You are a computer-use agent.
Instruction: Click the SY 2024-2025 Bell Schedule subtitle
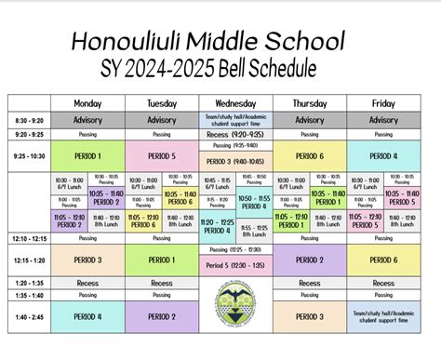[207, 68]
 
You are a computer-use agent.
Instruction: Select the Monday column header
[87, 103]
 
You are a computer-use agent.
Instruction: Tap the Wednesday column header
[235, 103]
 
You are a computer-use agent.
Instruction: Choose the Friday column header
[383, 103]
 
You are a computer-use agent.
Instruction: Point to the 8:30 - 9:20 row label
[29, 120]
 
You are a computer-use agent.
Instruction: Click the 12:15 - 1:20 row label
[29, 260]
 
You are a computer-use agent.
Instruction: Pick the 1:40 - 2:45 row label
[29, 316]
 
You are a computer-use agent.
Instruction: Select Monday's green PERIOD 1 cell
[87, 156]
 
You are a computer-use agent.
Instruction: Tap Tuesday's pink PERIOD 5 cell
[162, 156]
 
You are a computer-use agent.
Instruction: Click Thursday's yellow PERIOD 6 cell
[310, 156]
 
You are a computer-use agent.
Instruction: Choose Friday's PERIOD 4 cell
[383, 156]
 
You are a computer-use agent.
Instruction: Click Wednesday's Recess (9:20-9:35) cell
[235, 134]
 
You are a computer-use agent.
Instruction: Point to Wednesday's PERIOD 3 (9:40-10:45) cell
[235, 161]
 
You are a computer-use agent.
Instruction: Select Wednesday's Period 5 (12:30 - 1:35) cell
[235, 266]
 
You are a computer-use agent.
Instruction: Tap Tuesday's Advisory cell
[162, 120]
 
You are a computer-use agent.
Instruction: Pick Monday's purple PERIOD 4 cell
[87, 316]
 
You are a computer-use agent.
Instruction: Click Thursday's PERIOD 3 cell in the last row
[310, 316]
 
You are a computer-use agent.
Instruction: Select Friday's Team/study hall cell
[383, 316]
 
